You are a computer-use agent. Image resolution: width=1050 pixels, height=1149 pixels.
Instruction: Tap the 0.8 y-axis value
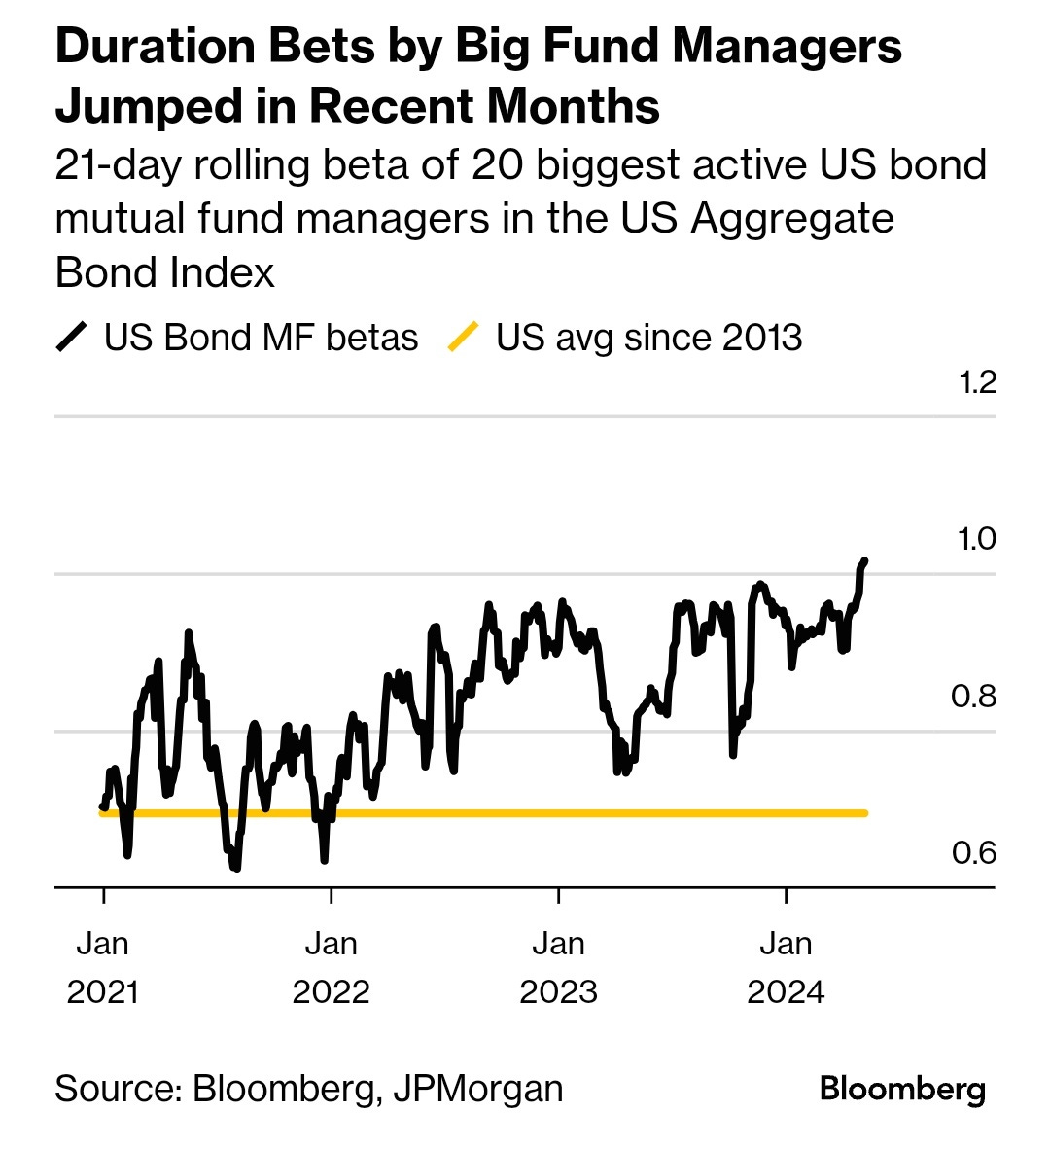973,697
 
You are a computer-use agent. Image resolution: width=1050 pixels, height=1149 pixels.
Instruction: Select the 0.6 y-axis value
973,853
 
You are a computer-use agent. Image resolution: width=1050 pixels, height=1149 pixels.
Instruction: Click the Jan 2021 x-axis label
103,967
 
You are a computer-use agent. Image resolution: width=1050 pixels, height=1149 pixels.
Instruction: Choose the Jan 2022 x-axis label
331,967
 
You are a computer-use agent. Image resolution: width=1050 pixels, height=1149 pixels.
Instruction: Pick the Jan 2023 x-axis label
558,967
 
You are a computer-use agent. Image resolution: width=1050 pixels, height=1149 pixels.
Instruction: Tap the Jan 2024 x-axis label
786,967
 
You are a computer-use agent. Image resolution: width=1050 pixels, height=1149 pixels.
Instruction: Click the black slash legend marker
72,338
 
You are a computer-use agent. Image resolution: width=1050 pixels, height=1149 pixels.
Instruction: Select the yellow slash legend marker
463,338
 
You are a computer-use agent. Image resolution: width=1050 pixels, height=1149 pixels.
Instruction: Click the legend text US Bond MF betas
261,338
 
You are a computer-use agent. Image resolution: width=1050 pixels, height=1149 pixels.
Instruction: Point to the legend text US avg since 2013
648,338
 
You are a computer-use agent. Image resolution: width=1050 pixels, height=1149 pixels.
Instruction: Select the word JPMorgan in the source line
477,1088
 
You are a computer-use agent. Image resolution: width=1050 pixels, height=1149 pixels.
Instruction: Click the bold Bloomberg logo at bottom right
902,1089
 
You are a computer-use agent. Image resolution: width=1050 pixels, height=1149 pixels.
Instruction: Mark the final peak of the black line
864,561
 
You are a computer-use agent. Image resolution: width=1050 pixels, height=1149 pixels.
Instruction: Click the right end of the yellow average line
864,812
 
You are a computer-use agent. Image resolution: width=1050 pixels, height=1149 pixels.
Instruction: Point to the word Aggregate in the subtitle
792,218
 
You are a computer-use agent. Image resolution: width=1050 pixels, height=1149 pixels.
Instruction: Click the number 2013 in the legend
762,338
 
